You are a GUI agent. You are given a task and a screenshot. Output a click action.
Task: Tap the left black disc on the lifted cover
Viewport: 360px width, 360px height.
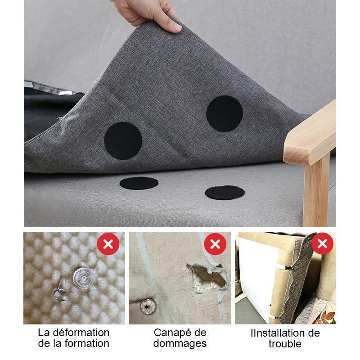[123, 141]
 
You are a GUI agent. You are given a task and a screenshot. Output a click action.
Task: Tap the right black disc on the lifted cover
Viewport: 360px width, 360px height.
[225, 114]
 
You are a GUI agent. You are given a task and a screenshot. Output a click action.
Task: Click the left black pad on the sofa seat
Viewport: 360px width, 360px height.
[139, 183]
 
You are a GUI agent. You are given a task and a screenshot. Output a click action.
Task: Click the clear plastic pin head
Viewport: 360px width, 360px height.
[84, 278]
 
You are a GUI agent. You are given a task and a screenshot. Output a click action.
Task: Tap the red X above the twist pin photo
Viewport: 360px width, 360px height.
[108, 244]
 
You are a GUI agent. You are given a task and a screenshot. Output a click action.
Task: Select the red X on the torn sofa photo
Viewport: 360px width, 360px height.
[215, 244]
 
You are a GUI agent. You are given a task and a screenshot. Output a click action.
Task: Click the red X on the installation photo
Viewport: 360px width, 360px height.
[322, 243]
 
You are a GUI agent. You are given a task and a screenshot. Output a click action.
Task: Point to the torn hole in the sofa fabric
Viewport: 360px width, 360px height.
[207, 277]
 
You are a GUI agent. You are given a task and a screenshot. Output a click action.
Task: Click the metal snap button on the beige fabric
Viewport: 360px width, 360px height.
[148, 306]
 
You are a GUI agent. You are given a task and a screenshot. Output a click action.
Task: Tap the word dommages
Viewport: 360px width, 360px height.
[180, 344]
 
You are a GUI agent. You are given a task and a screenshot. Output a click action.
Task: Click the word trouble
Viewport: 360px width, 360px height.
[285, 344]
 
